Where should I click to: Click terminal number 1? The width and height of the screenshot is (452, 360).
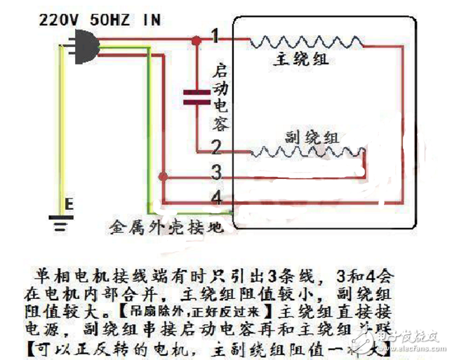(x=216, y=36)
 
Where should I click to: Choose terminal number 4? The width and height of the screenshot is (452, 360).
(x=216, y=199)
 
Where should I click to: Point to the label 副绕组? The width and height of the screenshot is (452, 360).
(x=312, y=136)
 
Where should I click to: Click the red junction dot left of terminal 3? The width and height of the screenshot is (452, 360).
(x=164, y=175)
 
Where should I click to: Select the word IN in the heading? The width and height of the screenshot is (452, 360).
(x=150, y=18)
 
